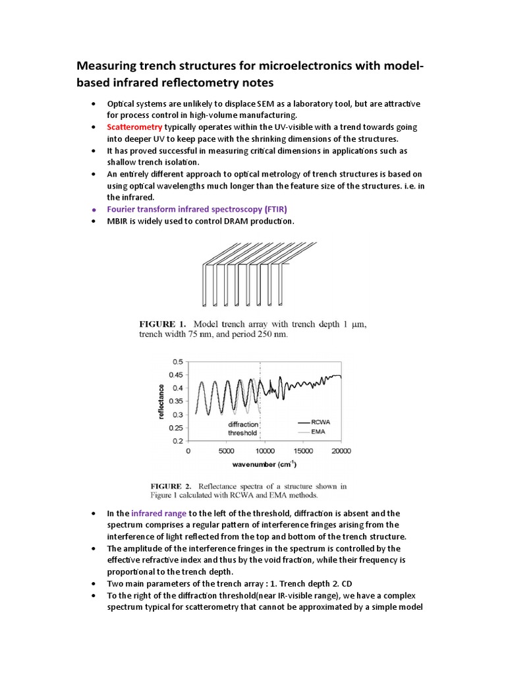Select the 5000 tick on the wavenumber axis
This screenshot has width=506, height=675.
tap(226, 452)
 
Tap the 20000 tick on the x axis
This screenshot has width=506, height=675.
tap(341, 452)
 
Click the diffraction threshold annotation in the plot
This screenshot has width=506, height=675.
tap(242, 428)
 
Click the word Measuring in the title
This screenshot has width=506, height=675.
tap(107, 66)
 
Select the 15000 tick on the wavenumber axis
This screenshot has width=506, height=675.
tap(302, 452)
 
